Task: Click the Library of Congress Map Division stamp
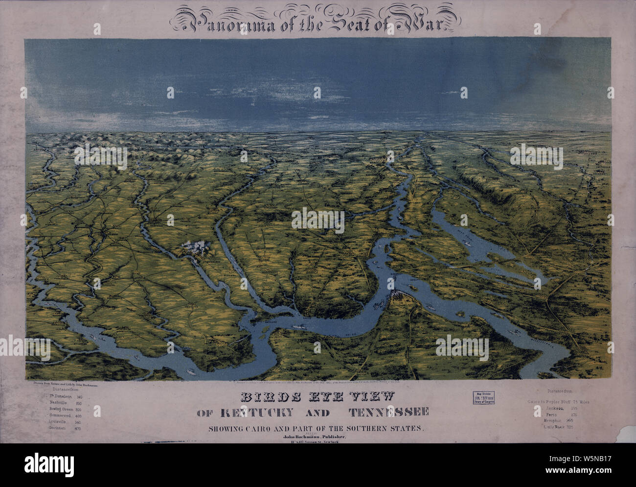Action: point(483,398)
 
